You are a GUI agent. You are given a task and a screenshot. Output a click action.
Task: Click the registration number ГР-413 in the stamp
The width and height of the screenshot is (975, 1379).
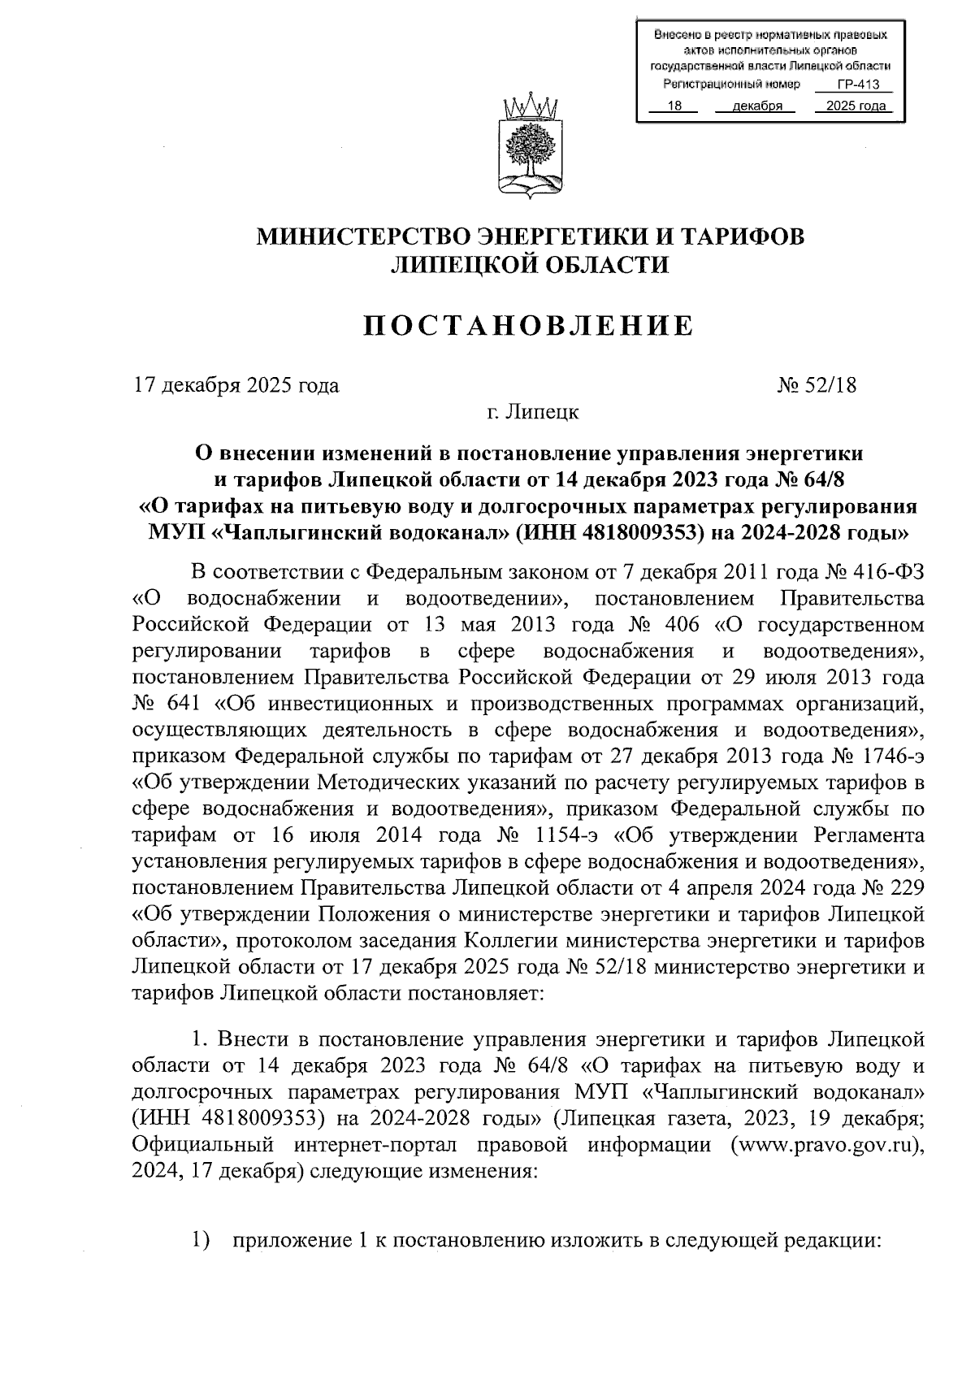click(853, 85)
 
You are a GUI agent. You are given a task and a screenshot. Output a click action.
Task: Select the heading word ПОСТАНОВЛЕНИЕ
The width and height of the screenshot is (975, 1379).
click(529, 326)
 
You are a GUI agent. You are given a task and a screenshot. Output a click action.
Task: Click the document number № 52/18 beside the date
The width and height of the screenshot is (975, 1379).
click(817, 384)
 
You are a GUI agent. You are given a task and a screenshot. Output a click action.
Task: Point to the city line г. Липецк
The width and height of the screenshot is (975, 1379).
click(532, 412)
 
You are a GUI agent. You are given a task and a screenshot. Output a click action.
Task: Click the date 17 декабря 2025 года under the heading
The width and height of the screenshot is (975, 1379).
click(236, 384)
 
